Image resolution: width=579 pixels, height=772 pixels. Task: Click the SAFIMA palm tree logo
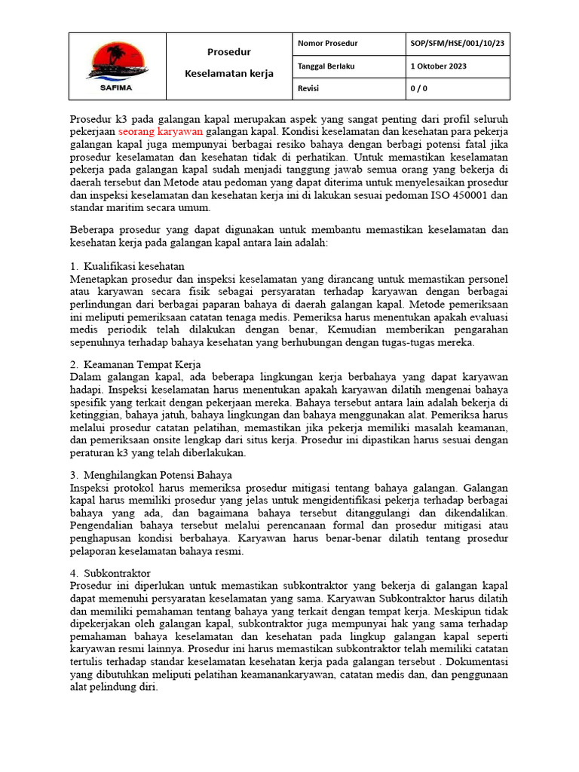(118, 62)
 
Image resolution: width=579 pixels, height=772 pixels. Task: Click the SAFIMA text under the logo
(118, 87)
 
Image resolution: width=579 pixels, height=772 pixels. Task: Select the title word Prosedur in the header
(229, 52)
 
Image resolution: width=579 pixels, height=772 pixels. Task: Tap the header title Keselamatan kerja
(229, 74)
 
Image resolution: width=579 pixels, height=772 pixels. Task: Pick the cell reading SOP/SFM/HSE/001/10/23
(457, 44)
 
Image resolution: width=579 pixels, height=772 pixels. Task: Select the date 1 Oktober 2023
(438, 66)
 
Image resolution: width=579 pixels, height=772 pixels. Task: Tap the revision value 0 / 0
(418, 88)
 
